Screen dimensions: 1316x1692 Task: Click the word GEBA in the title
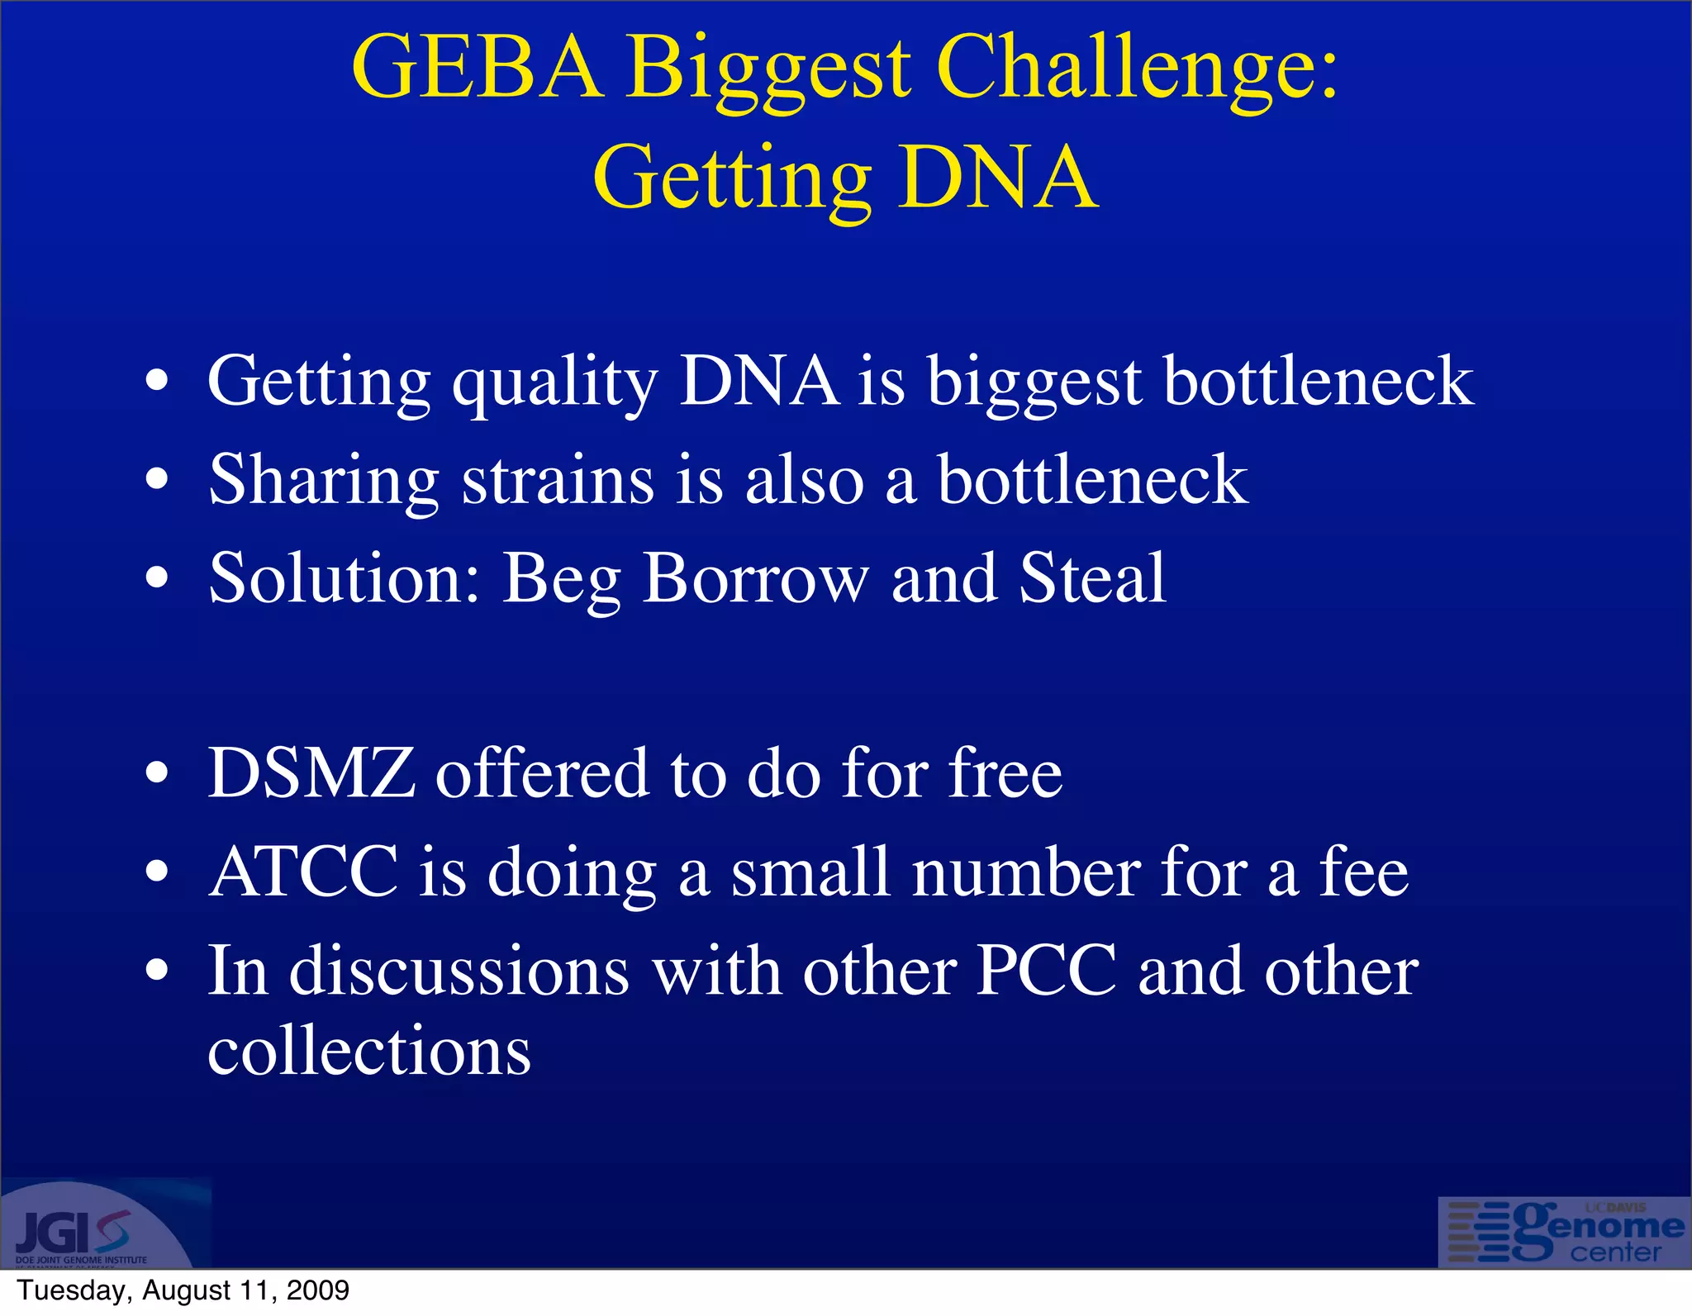477,68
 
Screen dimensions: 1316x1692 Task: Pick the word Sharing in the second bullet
323,482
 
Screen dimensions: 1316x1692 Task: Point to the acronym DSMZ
311,774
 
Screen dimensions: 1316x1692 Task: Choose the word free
1005,774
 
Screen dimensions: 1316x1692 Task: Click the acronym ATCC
303,872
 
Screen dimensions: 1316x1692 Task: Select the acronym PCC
1046,971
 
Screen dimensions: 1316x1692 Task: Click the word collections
369,1051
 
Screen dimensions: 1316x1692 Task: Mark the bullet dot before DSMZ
156,775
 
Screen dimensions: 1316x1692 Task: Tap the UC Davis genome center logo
1564,1233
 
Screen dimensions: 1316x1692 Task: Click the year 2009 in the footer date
317,1290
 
